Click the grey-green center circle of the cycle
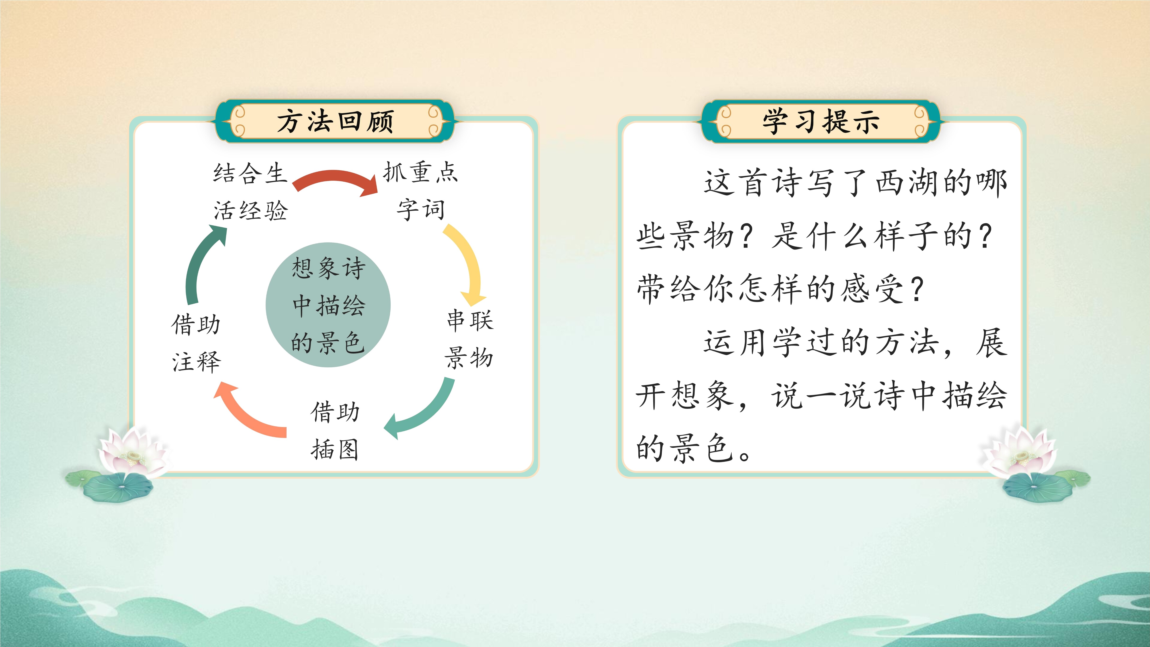(328, 305)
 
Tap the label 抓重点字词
(421, 191)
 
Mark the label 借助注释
(196, 343)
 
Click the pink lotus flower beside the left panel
(132, 451)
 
